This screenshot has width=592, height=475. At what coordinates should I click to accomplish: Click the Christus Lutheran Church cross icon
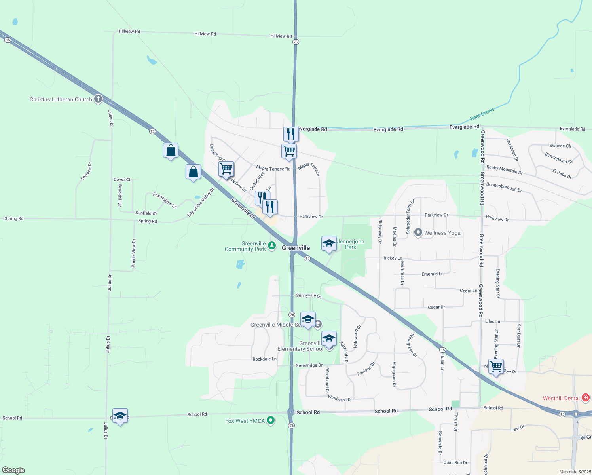[98, 99]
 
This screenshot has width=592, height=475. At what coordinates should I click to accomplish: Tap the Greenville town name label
[296, 248]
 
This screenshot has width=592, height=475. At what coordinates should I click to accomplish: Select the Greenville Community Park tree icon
[271, 246]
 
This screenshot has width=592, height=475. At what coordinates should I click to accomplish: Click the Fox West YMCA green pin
[271, 420]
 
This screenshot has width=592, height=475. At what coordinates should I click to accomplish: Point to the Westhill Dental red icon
[586, 398]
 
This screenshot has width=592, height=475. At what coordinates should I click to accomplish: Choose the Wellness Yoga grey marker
[418, 232]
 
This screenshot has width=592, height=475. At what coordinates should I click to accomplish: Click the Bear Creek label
[482, 114]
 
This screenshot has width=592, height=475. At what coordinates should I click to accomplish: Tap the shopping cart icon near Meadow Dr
[496, 366]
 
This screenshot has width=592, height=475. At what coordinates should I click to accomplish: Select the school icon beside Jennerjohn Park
[329, 243]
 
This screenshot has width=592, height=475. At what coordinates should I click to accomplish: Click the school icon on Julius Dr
[120, 416]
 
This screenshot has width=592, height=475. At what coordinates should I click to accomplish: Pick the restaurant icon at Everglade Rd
[291, 134]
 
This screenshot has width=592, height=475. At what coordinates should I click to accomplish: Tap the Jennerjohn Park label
[351, 244]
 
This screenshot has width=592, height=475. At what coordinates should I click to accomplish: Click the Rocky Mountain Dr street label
[504, 170]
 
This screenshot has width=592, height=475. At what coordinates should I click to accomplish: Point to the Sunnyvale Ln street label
[309, 295]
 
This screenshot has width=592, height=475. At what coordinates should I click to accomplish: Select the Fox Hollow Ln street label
[165, 200]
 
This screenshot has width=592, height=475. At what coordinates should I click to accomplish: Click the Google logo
[13, 470]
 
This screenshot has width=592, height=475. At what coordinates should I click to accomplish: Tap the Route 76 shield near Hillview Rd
[296, 42]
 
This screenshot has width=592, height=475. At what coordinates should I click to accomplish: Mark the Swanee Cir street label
[560, 146]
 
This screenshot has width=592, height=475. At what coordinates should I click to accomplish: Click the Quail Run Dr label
[455, 462]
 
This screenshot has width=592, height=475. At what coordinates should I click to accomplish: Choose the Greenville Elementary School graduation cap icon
[329, 338]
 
